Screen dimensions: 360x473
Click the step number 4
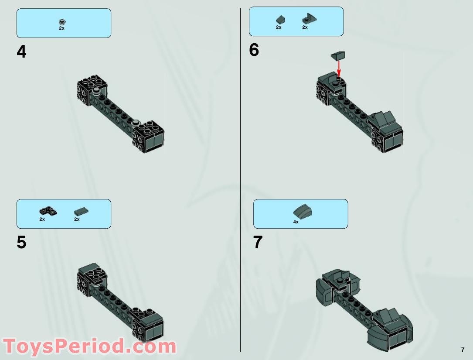click(21, 52)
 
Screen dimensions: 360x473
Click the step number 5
click(21, 242)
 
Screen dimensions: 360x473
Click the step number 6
click(254, 50)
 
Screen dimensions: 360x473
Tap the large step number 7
click(258, 242)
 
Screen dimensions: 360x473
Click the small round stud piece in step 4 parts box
click(62, 21)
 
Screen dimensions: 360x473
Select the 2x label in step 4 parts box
click(61, 28)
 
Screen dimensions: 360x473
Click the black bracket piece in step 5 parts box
click(48, 211)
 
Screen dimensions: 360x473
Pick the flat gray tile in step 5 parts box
click(81, 212)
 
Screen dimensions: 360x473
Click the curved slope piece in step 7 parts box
click(302, 212)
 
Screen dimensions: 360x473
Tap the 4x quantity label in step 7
click(296, 222)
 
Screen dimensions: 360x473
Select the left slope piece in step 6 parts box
click(279, 19)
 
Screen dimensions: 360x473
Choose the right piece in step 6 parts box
click(309, 19)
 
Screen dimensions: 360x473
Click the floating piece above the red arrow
click(338, 55)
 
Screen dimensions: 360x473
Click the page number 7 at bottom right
click(462, 349)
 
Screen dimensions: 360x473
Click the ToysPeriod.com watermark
click(89, 346)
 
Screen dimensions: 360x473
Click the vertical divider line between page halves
click(240, 175)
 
